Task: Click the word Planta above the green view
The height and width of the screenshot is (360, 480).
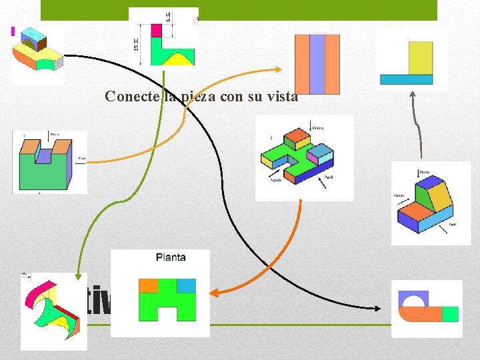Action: tap(171, 257)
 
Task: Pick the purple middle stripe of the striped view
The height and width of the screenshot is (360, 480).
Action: tap(317, 64)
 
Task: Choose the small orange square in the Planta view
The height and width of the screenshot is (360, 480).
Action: tap(148, 285)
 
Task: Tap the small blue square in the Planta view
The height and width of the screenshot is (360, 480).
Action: tap(187, 285)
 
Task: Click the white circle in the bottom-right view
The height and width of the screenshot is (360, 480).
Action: tap(414, 305)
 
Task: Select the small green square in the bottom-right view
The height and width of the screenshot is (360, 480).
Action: tap(451, 314)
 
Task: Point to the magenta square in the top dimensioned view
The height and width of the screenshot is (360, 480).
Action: tap(157, 30)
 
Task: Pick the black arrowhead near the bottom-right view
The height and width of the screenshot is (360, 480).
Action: tap(377, 309)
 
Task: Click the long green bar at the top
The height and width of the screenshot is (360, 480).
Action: tap(239, 10)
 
